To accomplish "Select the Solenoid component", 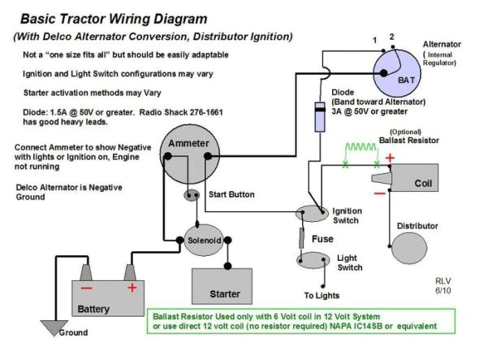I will [x=202, y=241].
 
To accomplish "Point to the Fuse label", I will [x=321, y=239].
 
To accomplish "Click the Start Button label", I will [x=231, y=195].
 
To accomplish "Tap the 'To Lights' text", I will [x=321, y=296].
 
